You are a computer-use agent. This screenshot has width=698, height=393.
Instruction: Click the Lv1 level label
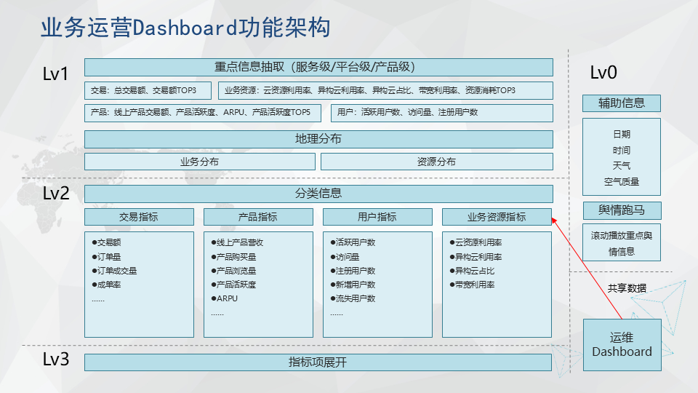(x=55, y=74)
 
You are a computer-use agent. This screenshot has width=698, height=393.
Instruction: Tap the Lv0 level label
(x=603, y=73)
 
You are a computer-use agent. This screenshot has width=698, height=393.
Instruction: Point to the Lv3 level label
(x=56, y=359)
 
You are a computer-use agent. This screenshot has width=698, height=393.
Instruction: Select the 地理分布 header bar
(x=318, y=139)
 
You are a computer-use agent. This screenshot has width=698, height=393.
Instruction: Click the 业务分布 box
(x=200, y=162)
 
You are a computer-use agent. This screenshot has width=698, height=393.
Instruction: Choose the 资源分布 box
(x=437, y=162)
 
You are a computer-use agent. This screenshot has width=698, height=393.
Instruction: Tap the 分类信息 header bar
(x=318, y=194)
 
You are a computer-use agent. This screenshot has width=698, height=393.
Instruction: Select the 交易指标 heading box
(x=139, y=217)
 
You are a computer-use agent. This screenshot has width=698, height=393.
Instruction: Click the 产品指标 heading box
(x=258, y=217)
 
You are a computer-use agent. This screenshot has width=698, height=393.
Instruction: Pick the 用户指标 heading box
(x=377, y=217)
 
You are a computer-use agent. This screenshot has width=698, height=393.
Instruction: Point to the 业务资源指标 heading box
(x=497, y=217)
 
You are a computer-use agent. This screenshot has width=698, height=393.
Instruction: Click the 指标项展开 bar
(x=318, y=362)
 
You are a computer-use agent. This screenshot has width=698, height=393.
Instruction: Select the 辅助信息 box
(x=622, y=103)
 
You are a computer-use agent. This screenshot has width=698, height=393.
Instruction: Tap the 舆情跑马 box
(x=622, y=210)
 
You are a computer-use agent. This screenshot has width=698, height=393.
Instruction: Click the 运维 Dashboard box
(x=622, y=345)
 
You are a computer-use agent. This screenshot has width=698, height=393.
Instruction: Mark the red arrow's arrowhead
(x=554, y=220)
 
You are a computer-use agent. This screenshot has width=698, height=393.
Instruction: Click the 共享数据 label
(x=627, y=288)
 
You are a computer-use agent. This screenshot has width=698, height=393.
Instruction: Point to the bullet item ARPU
(x=225, y=298)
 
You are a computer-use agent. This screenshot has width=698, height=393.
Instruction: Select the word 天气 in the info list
(x=622, y=166)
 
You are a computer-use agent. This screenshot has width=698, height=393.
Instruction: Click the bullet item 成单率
(x=106, y=285)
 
